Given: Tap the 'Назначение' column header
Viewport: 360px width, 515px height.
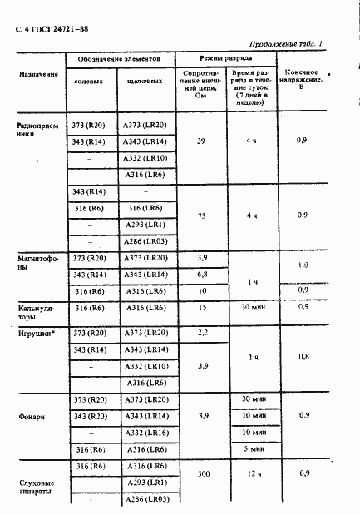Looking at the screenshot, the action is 39,74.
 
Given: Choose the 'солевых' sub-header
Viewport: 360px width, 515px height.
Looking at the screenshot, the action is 89,82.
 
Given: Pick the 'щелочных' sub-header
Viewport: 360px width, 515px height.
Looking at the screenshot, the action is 145,82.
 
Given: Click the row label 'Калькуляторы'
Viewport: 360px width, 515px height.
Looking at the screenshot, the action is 36,312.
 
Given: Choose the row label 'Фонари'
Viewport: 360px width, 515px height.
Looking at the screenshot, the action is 35,415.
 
